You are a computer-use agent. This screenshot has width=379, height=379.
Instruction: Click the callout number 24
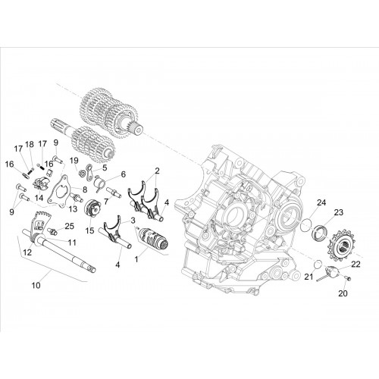pos(321,202)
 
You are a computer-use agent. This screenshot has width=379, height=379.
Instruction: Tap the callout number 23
pos(339,212)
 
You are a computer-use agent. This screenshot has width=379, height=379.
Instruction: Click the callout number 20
pos(343,293)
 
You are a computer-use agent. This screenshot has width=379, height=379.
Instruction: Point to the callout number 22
pos(356,265)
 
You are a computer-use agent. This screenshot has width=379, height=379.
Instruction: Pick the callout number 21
pos(309,277)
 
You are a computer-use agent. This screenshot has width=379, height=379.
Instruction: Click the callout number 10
pos(36,285)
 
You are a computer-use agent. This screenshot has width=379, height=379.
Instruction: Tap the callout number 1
pos(136,259)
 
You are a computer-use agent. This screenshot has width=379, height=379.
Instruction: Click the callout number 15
pos(89,230)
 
